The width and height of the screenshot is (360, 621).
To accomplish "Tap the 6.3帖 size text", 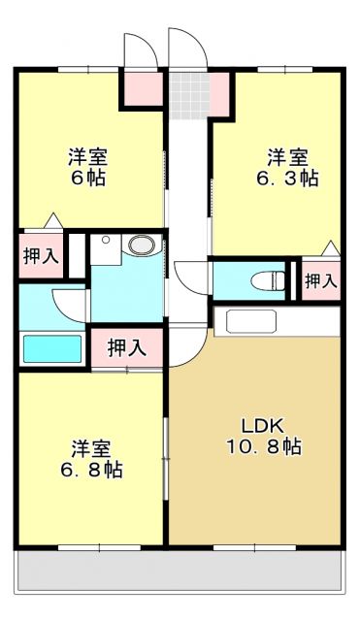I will pyautogui.click(x=287, y=179).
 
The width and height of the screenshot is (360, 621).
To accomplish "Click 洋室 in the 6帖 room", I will pyautogui.click(x=87, y=156).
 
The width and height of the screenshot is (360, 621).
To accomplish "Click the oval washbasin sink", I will pyautogui.click(x=143, y=245).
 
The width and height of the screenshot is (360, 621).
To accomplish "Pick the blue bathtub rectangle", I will pyautogui.click(x=52, y=348).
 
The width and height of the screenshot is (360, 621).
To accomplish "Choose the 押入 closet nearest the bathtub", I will pyautogui.click(x=126, y=346).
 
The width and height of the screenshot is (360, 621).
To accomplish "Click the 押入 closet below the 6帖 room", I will pyautogui.click(x=40, y=257).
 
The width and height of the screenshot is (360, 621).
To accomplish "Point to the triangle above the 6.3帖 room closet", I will pyautogui.click(x=331, y=247).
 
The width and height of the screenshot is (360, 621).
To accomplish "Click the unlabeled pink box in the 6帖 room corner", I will pyautogui.click(x=140, y=90).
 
